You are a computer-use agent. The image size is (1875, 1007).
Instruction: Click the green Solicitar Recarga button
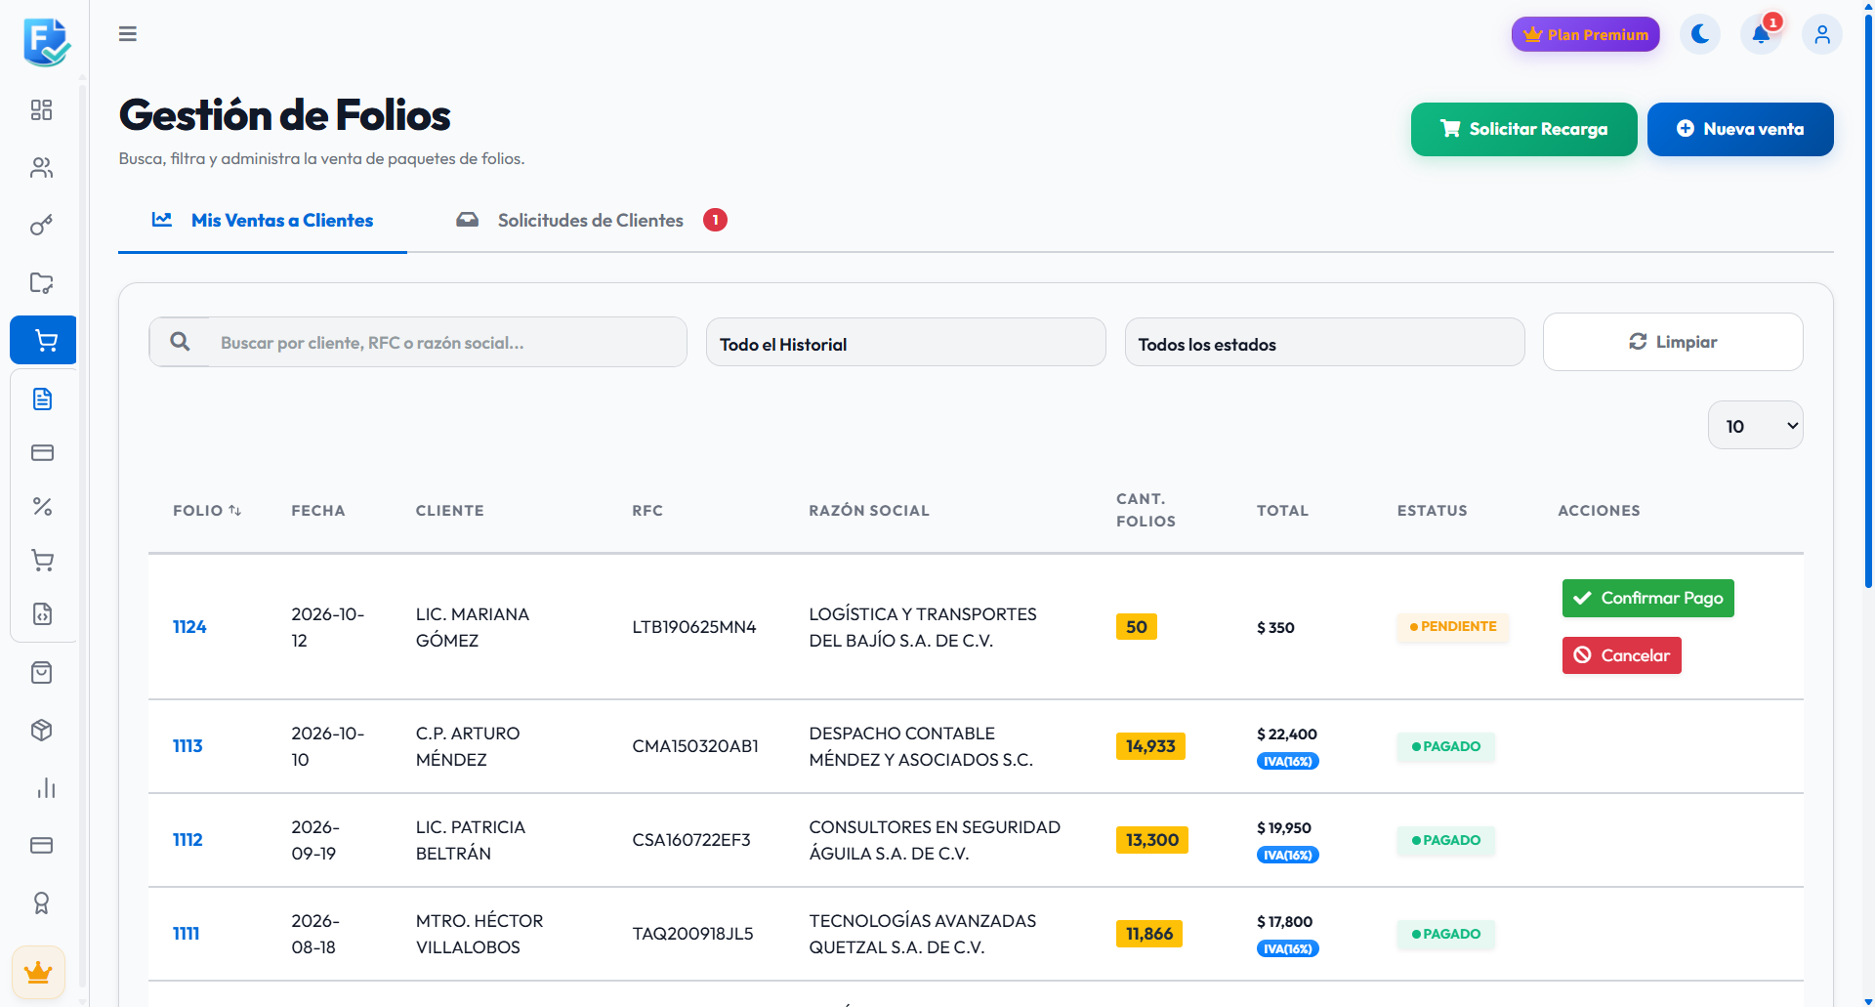[x=1523, y=129]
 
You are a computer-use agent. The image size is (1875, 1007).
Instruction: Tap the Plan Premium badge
[x=1586, y=34]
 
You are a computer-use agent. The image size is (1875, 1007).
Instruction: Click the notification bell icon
[x=1761, y=34]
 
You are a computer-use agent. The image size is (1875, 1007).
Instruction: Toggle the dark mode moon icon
[x=1700, y=34]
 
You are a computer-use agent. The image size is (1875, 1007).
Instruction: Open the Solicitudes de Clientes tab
[x=591, y=221]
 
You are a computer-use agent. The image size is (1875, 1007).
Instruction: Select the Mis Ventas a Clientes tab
[x=263, y=221]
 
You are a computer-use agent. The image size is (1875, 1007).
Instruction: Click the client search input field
[x=447, y=343]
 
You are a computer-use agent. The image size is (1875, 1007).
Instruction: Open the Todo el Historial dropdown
[x=906, y=344]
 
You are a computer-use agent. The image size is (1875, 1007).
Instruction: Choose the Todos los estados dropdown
[x=1325, y=344]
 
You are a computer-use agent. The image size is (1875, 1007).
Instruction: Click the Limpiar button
[x=1673, y=342]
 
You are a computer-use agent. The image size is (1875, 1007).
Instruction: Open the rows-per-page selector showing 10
[x=1756, y=426]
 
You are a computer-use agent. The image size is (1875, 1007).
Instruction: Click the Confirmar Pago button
[x=1648, y=598]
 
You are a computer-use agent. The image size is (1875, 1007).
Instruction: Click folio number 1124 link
[x=189, y=627]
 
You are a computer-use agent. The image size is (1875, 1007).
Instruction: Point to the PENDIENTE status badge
[x=1453, y=627]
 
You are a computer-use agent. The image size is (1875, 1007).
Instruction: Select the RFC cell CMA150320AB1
[x=695, y=746]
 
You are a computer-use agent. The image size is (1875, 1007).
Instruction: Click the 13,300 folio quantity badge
[x=1152, y=840]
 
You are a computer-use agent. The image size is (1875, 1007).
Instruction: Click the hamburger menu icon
[x=128, y=34]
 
